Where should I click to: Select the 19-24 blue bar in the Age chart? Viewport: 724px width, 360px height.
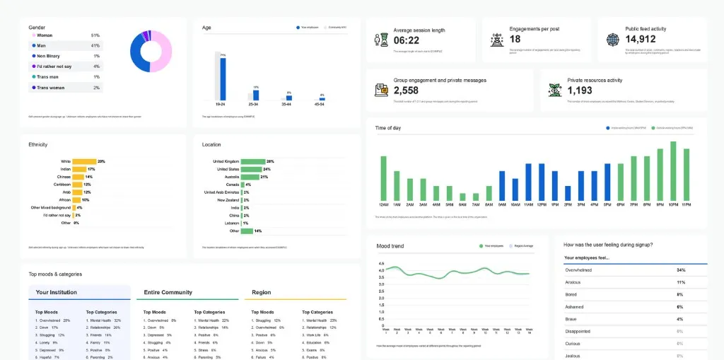[223, 79]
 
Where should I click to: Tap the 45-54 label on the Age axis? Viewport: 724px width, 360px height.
[322, 104]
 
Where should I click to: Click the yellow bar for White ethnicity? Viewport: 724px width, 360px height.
[84, 161]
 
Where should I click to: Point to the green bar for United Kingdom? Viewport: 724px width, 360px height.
[252, 161]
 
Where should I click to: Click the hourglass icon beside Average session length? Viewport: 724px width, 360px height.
[382, 40]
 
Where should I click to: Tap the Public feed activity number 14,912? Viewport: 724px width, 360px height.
[641, 40]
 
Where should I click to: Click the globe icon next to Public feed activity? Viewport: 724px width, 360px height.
[612, 40]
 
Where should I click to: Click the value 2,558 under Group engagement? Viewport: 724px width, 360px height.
[406, 91]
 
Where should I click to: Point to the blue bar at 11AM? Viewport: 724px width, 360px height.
[528, 182]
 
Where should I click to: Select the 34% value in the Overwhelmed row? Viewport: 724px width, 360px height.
[680, 270]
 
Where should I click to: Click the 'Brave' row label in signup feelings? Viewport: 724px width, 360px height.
[571, 318]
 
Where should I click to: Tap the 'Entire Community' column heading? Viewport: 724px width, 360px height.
[167, 292]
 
